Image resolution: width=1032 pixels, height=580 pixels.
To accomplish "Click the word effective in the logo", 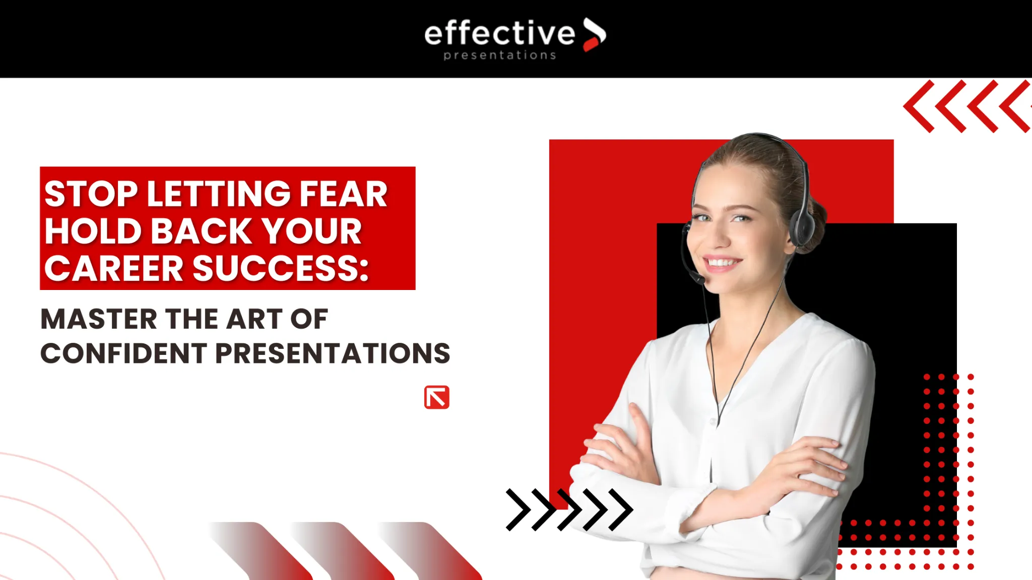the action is (x=499, y=33).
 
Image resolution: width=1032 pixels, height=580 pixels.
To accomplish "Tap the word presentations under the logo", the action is (x=500, y=55).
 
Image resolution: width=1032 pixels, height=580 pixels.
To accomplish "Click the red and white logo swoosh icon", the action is (x=595, y=34).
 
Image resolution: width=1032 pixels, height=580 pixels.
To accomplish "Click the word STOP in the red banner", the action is (x=91, y=194).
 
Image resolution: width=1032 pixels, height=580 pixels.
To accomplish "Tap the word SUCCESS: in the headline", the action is (x=281, y=268).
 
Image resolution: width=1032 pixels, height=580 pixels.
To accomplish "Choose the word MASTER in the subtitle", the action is (x=99, y=319).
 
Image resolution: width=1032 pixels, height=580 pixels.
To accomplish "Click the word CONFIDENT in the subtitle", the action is (x=123, y=353).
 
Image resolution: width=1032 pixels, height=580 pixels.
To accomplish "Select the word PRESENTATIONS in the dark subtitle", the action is (x=333, y=353).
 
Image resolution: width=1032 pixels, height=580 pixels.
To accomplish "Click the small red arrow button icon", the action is (x=437, y=398).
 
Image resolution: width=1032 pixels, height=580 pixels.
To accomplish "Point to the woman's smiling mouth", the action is (x=723, y=262).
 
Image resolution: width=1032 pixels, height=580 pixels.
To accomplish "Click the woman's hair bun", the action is (x=815, y=224).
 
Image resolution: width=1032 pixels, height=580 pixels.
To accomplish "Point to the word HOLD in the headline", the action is (x=93, y=231).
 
